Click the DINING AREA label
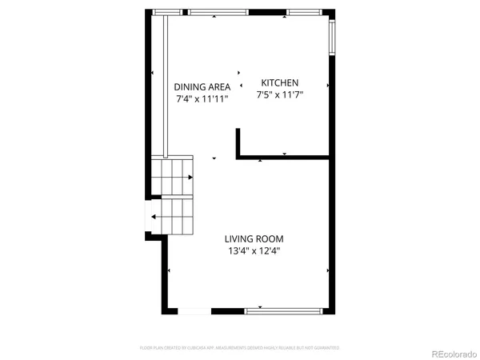(202, 87)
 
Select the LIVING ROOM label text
(254, 238)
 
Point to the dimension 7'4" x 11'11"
(202, 99)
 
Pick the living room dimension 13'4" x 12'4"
(254, 250)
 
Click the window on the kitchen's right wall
(332, 35)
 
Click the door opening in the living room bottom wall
(190, 310)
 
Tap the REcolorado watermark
(452, 353)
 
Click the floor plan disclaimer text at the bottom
(240, 348)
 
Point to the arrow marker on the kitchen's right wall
(327, 85)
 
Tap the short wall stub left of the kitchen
(238, 143)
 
